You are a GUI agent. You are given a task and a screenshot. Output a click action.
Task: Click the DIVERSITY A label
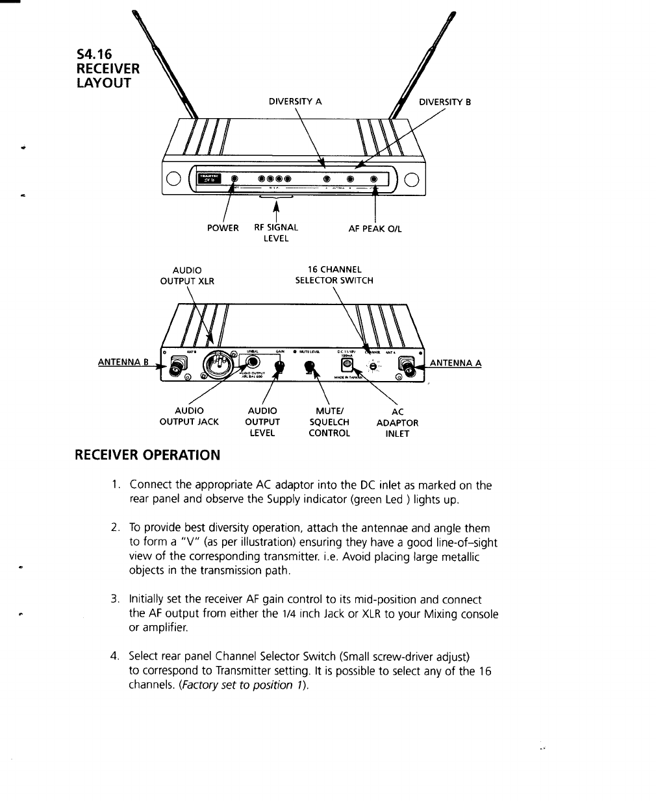tap(296, 101)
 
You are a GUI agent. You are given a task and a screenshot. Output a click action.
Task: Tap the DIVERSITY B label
tap(445, 102)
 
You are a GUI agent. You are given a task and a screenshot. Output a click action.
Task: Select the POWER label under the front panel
tap(222, 228)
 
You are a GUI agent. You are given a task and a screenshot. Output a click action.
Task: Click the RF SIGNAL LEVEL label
tap(276, 233)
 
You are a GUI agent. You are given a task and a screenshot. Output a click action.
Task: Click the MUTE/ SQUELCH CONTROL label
tap(329, 422)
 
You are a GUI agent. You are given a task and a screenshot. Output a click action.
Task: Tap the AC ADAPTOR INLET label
tap(397, 423)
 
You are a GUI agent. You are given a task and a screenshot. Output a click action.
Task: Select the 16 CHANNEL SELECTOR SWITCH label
tap(334, 275)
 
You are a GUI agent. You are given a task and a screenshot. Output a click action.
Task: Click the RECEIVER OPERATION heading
tap(147, 454)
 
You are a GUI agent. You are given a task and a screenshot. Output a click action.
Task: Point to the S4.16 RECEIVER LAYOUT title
tap(108, 68)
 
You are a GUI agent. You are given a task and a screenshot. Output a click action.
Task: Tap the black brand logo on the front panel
tap(209, 179)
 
